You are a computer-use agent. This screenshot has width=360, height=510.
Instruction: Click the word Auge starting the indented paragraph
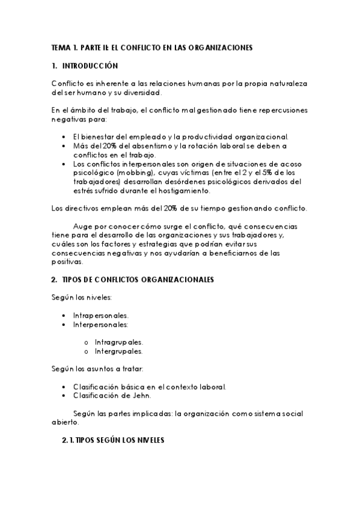tap(82, 226)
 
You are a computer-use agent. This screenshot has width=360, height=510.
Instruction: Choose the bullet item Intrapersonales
tap(100, 315)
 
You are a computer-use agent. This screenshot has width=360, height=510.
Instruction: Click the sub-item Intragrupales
tap(118, 342)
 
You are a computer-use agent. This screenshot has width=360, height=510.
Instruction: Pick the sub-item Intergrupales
tap(118, 351)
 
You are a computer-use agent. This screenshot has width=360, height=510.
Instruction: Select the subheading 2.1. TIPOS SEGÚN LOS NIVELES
tap(112, 440)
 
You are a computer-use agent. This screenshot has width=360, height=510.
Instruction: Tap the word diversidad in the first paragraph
tap(139, 93)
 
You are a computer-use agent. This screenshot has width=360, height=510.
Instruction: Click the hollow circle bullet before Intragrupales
tap(87, 342)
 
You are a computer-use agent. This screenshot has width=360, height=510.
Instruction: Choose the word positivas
tap(67, 262)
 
